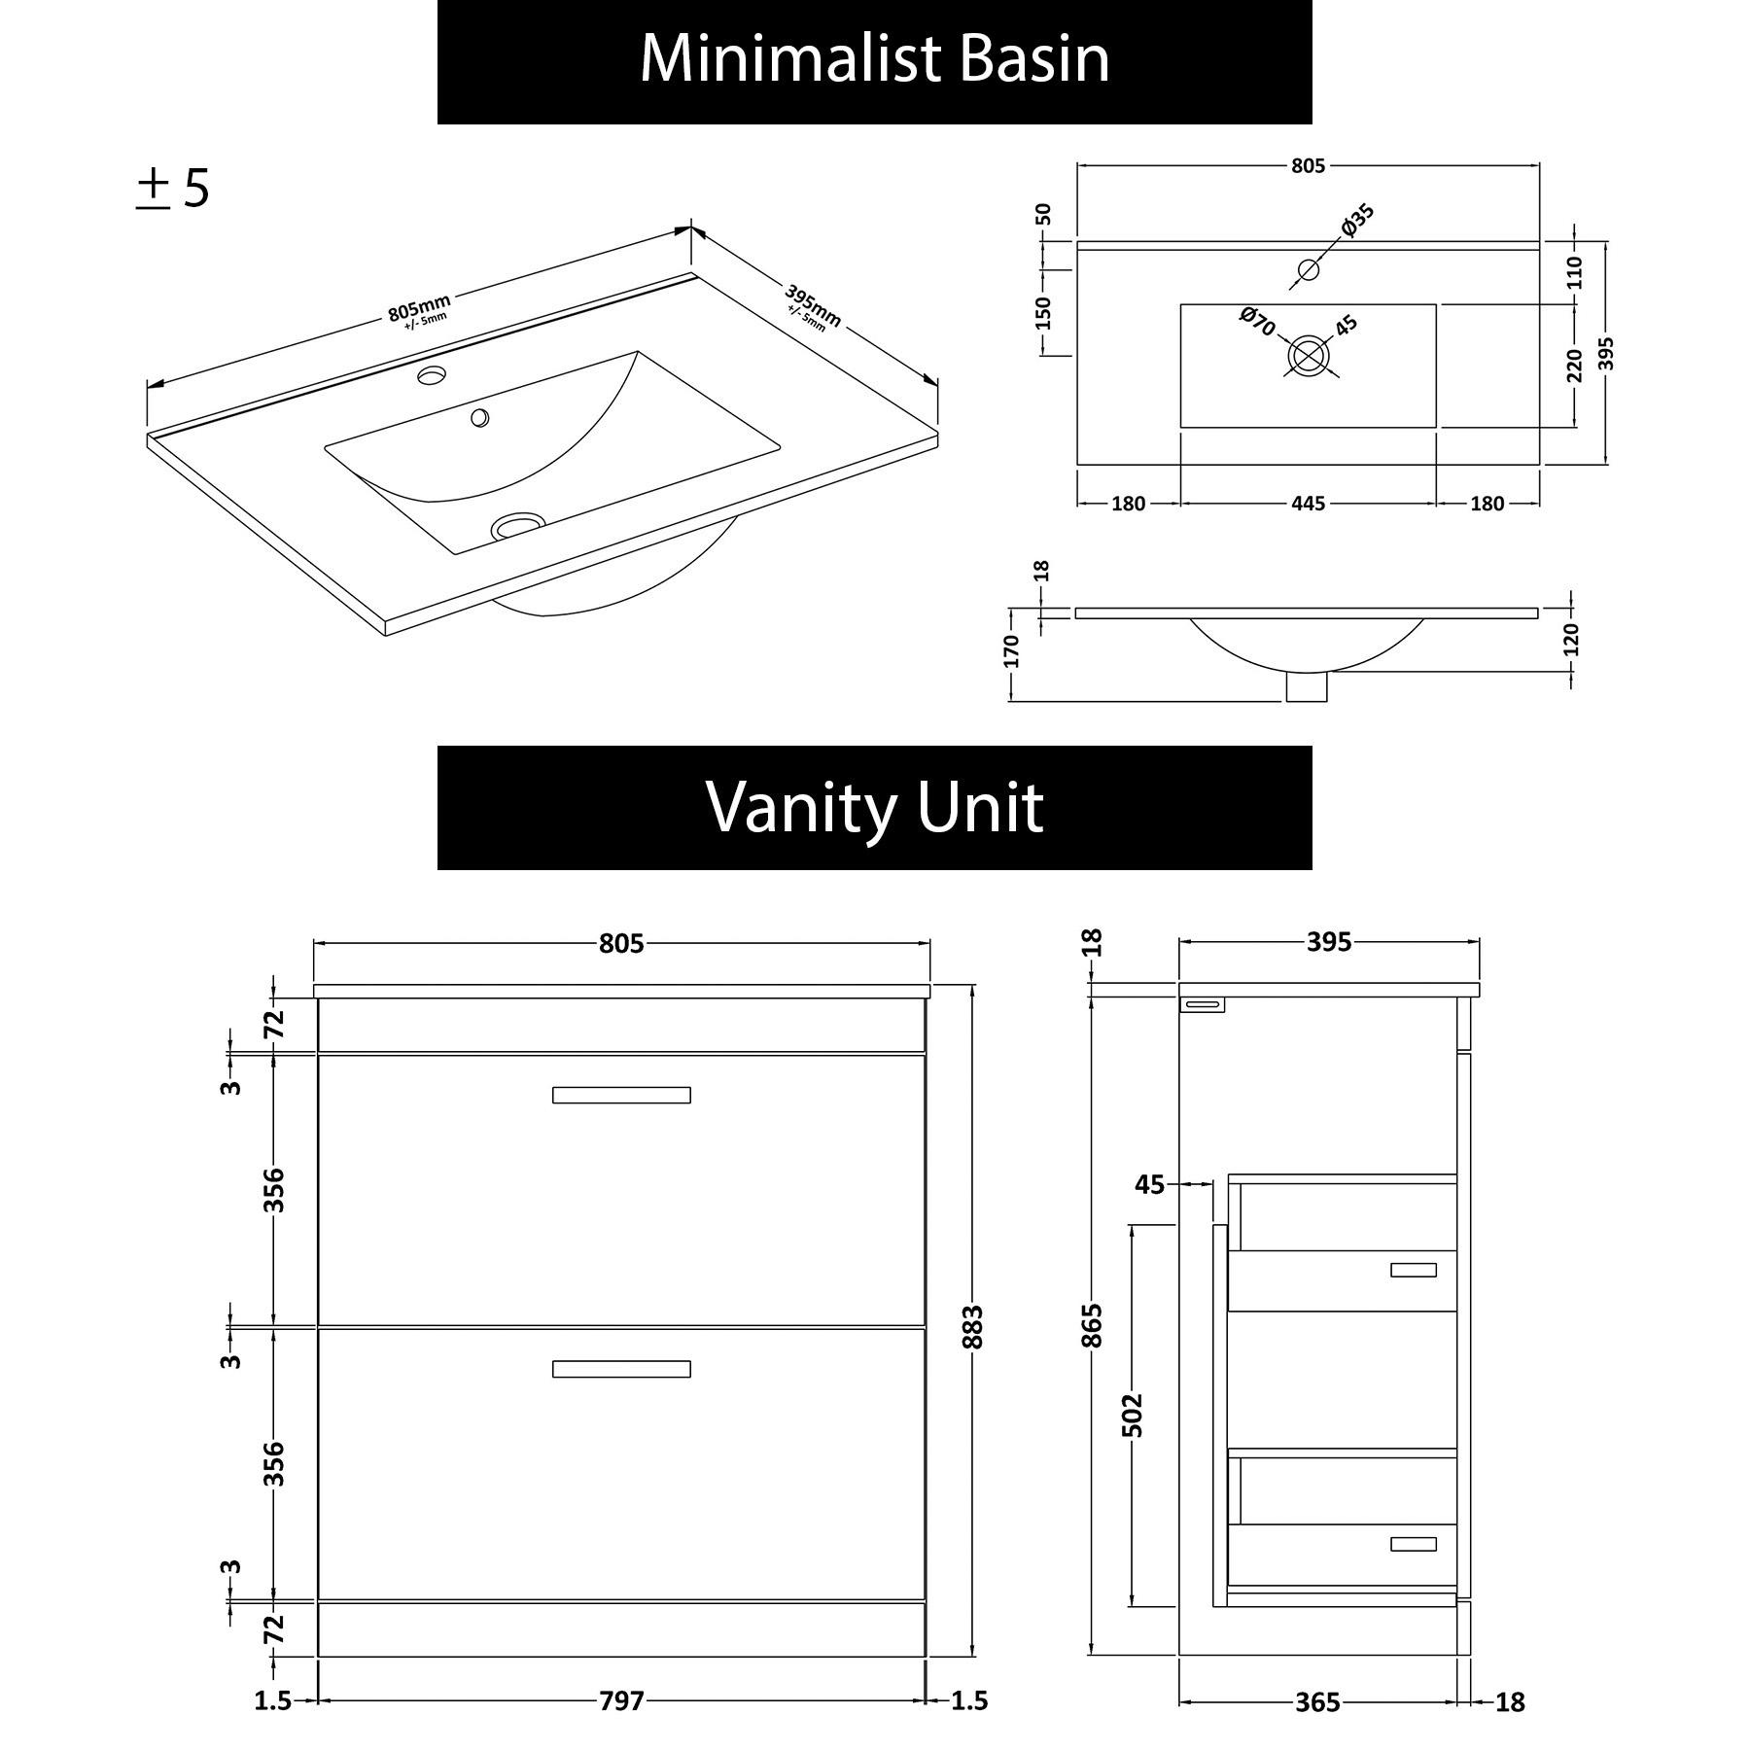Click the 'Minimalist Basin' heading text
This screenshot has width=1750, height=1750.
click(874, 60)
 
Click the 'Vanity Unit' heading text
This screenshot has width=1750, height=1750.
click(874, 807)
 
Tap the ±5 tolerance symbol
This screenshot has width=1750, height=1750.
click(172, 189)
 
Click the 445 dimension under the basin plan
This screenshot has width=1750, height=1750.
click(1308, 504)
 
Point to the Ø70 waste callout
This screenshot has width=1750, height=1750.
click(1257, 321)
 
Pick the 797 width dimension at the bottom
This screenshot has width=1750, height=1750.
click(620, 1700)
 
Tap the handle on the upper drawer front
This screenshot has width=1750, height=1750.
click(621, 1095)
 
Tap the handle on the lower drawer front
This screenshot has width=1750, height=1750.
click(621, 1369)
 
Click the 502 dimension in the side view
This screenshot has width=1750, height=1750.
click(1132, 1415)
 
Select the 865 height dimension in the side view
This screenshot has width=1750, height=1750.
click(1093, 1325)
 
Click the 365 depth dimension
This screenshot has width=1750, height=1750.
click(1317, 1702)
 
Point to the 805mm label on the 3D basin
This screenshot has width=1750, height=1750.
click(420, 310)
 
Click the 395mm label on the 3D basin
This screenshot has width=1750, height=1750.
click(813, 306)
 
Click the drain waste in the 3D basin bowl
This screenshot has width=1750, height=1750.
click(516, 526)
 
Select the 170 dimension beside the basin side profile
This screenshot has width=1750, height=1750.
click(1011, 651)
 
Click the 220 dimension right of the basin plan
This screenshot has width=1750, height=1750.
click(1575, 366)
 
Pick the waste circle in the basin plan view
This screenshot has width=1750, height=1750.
click(1308, 356)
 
